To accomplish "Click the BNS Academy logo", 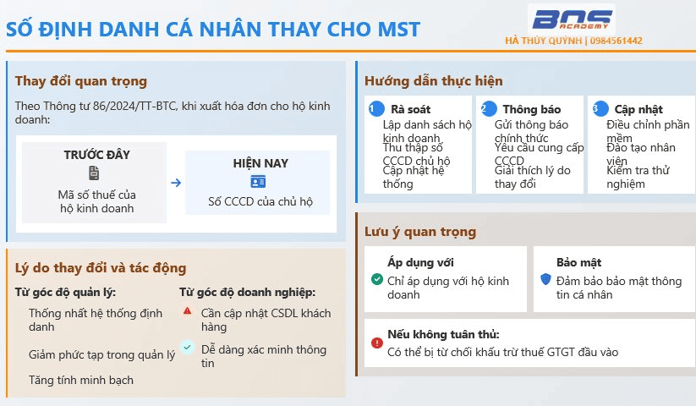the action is click(572, 20).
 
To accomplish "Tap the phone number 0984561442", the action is click(617, 41).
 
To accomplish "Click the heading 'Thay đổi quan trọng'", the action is click(81, 81).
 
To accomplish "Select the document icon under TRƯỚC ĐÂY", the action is click(94, 173).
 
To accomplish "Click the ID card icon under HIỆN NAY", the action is click(258, 182).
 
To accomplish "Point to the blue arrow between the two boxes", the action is click(176, 183).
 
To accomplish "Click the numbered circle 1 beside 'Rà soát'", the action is click(376, 109).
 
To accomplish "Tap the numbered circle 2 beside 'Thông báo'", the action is click(489, 109).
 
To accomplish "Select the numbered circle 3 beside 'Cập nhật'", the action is click(600, 109).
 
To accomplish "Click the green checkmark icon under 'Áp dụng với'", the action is click(377, 279).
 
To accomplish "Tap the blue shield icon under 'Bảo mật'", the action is click(546, 279).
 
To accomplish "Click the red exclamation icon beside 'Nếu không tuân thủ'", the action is click(377, 343).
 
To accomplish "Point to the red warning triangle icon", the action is click(187, 310).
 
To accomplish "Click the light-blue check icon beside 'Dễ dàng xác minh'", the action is click(187, 347).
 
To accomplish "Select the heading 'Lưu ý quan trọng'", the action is click(420, 232).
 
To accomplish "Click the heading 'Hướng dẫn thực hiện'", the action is click(434, 81).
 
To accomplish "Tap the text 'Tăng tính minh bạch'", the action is click(81, 380).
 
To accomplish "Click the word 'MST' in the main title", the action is click(398, 30).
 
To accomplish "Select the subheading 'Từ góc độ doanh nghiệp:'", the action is click(247, 293).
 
